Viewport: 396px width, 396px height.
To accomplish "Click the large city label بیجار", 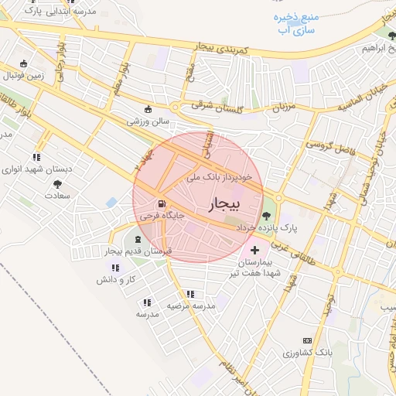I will click(225, 203).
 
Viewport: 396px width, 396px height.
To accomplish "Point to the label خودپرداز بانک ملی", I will click(220, 177).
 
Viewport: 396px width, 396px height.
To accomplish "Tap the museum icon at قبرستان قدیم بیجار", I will click(139, 239).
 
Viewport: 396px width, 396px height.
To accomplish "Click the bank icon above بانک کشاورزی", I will click(307, 340).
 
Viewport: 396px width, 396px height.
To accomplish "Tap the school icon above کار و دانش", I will click(115, 267).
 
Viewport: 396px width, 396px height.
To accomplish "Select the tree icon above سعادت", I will click(57, 183).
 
